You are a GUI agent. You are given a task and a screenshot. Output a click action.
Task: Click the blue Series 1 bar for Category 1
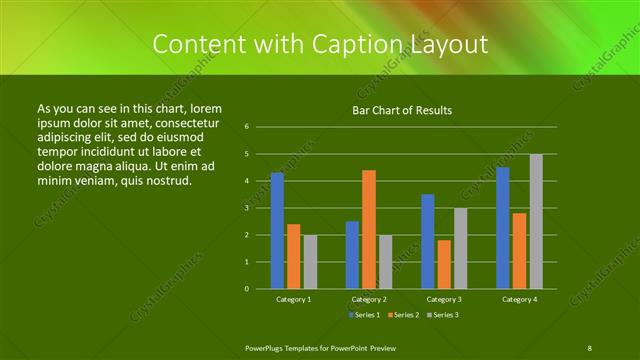[x=277, y=231]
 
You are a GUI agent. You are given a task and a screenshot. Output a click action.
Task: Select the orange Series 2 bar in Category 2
[x=369, y=229]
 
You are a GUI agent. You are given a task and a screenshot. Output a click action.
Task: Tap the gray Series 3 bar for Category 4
[x=536, y=221]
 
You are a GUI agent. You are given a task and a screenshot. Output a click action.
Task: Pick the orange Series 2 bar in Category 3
[x=444, y=264]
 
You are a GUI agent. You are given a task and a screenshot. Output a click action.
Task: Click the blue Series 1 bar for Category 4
[x=503, y=228]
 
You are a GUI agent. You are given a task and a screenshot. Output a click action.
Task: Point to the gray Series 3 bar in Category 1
[x=310, y=262]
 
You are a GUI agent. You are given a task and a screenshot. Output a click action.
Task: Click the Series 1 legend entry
[x=364, y=315]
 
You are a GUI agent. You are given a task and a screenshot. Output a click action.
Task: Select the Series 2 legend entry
[x=403, y=315]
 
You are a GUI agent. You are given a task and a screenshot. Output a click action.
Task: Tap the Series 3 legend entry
[x=442, y=315]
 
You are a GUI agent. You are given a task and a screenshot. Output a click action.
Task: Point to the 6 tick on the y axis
[x=246, y=127]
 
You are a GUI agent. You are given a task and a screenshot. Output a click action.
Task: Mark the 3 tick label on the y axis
[x=246, y=208]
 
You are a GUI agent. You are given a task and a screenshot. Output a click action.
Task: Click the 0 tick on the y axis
[x=246, y=289]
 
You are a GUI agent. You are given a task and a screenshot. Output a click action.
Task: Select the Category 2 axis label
[x=369, y=299]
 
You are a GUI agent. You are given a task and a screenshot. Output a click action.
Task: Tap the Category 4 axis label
[x=519, y=299]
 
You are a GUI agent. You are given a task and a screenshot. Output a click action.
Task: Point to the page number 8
[x=590, y=347]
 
